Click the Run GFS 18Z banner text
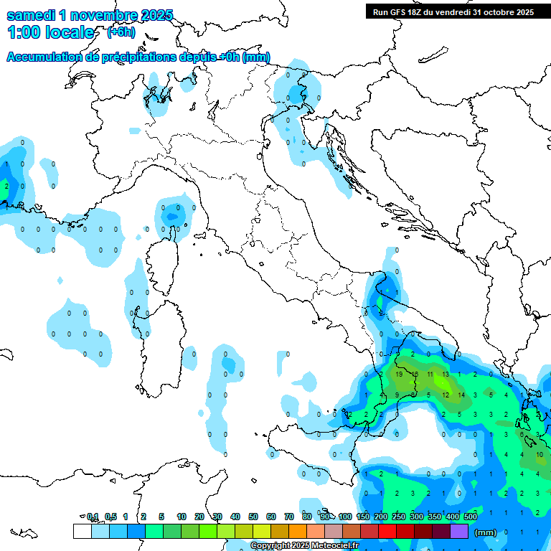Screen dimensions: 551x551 click(453, 11)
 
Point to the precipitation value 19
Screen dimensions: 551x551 click(399, 375)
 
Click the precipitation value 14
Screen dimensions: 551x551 click(461, 395)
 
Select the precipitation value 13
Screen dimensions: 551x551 click(446, 375)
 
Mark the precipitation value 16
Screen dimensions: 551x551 click(415, 375)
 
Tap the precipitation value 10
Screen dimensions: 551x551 click(540, 455)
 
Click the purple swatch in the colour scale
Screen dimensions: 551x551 click(459, 532)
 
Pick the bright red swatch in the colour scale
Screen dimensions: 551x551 click(387, 532)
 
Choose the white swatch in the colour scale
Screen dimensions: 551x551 click(82, 532)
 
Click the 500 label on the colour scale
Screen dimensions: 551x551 click(471, 517)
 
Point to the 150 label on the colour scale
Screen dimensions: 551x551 click(363, 517)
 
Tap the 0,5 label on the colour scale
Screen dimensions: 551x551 click(111, 517)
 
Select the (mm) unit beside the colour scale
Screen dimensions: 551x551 click(486, 533)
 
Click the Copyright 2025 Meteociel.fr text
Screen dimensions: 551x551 click(304, 546)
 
